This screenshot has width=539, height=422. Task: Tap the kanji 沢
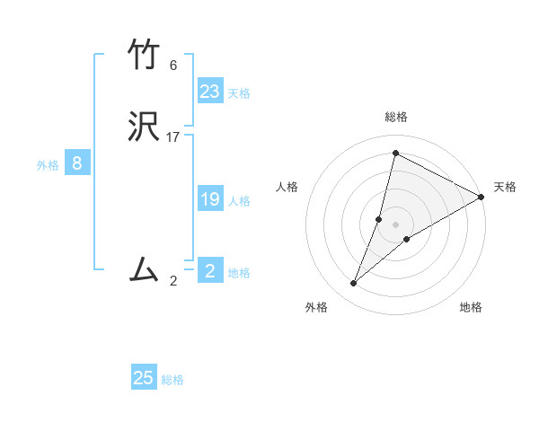click(145, 127)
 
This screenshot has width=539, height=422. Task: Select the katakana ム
click(145, 268)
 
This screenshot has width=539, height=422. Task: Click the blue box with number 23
click(210, 92)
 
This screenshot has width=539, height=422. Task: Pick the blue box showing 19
click(210, 200)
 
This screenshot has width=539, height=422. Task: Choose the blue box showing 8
click(77, 163)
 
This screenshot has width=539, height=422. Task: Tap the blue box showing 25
click(144, 378)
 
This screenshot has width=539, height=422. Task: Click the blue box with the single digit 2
click(210, 271)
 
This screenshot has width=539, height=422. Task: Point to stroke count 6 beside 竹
click(173, 66)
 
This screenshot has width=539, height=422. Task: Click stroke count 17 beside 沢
click(173, 137)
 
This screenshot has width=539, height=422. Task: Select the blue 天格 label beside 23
click(239, 93)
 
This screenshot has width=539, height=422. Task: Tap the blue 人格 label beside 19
click(239, 201)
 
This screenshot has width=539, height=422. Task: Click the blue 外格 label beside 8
click(48, 165)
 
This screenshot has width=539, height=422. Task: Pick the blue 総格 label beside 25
click(172, 380)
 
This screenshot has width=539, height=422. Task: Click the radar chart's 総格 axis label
click(396, 117)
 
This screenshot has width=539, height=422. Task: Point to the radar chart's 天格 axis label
click(505, 187)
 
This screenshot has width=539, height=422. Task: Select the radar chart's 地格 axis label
click(471, 307)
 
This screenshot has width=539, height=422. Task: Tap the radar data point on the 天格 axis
click(482, 197)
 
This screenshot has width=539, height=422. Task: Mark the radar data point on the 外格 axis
click(354, 284)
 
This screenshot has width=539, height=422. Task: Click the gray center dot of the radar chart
click(396, 224)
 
